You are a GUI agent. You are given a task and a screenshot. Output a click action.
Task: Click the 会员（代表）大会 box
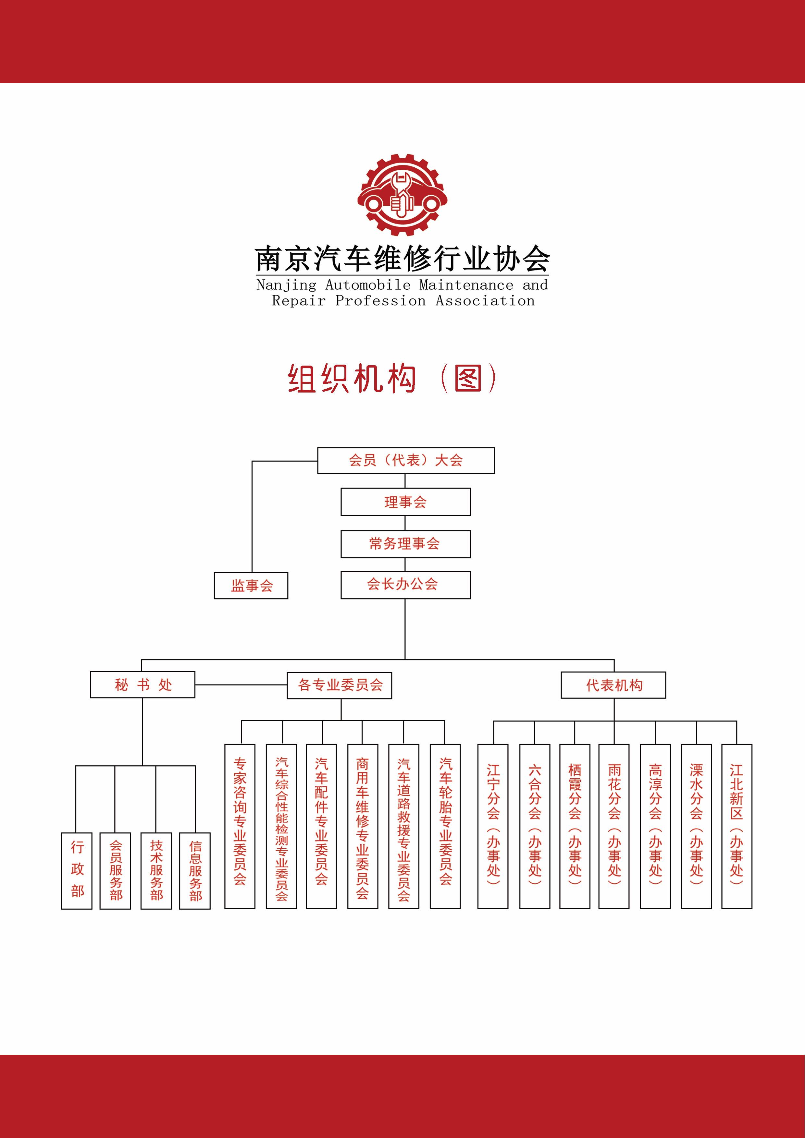click(x=406, y=460)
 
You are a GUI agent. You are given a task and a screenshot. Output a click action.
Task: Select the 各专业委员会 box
click(x=339, y=685)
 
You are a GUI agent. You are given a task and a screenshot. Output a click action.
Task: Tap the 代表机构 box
click(x=613, y=685)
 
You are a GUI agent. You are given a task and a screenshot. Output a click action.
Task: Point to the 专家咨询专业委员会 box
click(x=240, y=826)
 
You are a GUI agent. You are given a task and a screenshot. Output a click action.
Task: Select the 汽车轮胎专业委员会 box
click(x=445, y=826)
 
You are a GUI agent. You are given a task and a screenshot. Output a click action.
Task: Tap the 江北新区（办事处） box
click(x=737, y=826)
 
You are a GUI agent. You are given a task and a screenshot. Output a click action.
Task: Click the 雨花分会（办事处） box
click(x=614, y=826)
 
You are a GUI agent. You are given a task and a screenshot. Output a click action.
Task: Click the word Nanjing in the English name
click(x=286, y=285)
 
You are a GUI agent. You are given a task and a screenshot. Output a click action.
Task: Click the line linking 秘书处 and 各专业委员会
click(x=241, y=685)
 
